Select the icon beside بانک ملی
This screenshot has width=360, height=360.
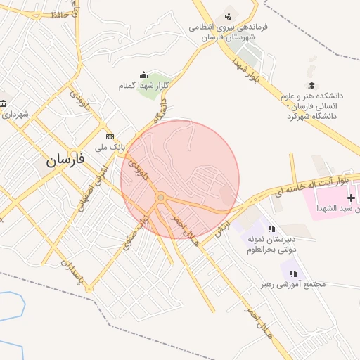(x=109, y=136)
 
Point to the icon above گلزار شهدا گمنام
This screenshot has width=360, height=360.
(x=143, y=75)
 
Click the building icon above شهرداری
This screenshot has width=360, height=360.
(x=4, y=105)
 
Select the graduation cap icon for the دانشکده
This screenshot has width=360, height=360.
(x=311, y=86)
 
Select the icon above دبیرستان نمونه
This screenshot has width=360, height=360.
(x=271, y=229)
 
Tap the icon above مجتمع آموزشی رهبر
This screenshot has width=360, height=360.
(x=293, y=274)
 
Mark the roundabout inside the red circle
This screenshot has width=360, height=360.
(x=161, y=198)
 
